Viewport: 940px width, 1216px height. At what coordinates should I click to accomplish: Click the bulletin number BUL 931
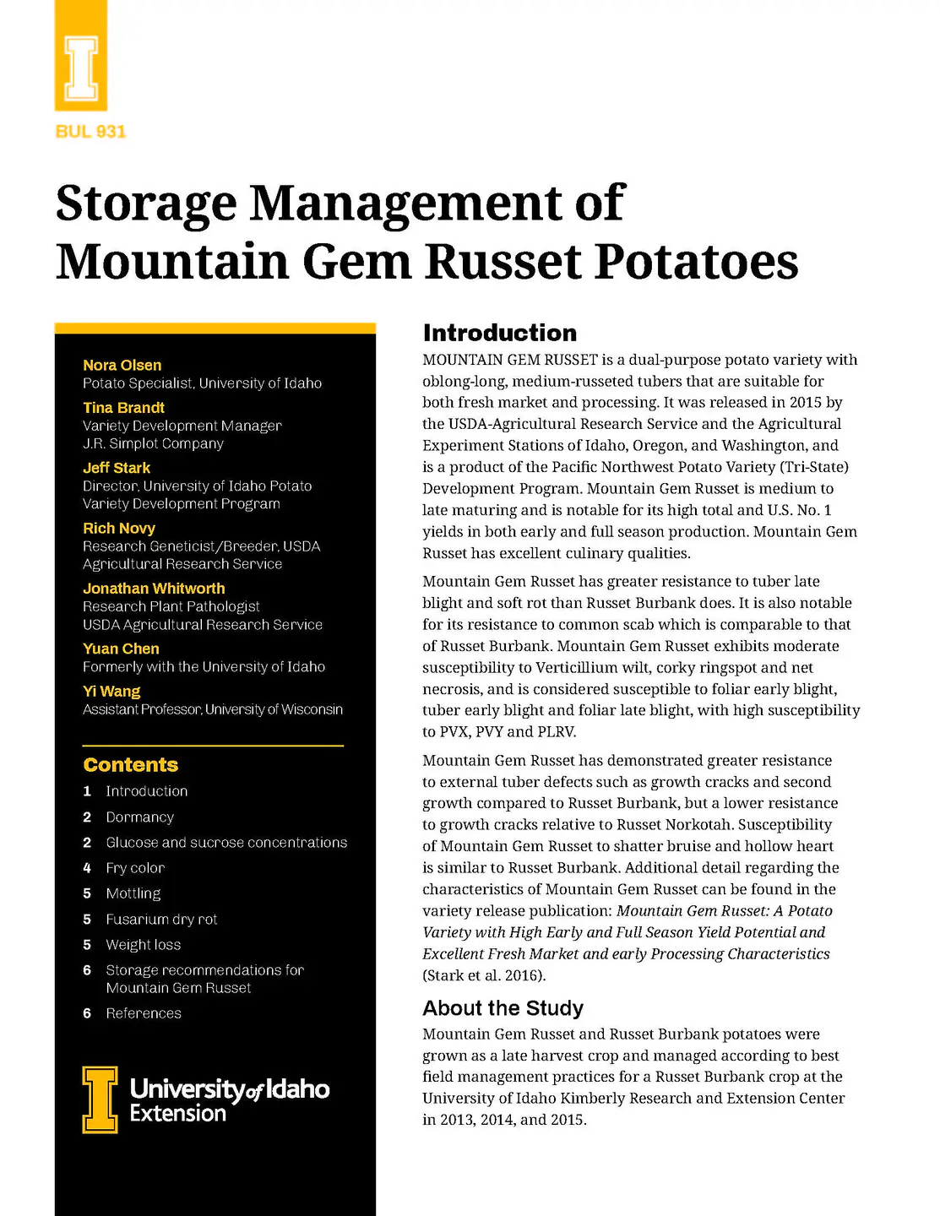point(90,132)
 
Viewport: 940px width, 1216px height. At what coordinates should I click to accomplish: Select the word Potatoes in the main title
point(697,262)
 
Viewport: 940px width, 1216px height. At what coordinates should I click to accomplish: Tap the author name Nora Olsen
point(122,365)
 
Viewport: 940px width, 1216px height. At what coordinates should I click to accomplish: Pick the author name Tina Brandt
point(123,408)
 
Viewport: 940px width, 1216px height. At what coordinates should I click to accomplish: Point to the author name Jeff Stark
point(117,468)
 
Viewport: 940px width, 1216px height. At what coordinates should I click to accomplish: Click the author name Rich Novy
point(119,528)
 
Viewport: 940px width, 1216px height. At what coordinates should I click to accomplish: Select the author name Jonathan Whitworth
point(154,589)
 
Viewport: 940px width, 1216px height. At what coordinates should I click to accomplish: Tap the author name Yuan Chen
point(121,649)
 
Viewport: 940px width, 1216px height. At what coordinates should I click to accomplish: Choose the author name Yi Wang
point(111,691)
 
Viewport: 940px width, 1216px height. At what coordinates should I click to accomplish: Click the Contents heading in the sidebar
point(131,765)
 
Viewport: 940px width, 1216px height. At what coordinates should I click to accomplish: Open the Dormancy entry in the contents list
point(139,817)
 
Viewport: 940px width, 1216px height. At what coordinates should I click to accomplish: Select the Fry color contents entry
point(135,868)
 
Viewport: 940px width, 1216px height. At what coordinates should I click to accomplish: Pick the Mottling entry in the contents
point(133,893)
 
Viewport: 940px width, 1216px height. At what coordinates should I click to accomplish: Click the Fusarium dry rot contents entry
point(161,920)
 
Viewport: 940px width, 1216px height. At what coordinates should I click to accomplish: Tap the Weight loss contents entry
point(143,945)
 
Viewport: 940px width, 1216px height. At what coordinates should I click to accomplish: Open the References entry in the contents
point(144,1013)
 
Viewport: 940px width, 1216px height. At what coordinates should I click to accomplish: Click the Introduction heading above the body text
point(499,333)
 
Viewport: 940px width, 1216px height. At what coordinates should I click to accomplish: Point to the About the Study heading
point(503,1008)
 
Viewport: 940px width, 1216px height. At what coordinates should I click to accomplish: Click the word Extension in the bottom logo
point(177,1114)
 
